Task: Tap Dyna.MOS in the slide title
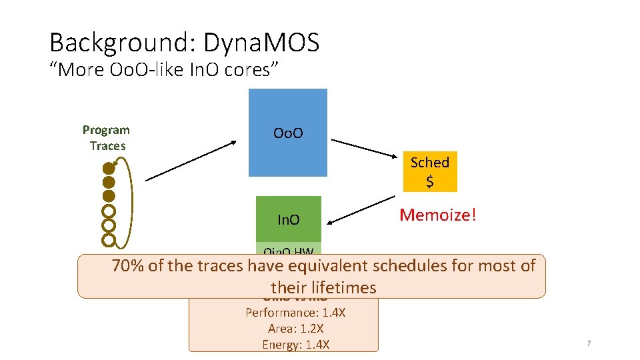[x=261, y=43]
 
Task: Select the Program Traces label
[x=107, y=137]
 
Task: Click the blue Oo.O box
[x=288, y=133]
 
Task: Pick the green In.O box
[x=289, y=219]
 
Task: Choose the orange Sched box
[x=429, y=171]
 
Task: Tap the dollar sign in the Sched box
[x=429, y=181]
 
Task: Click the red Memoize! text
[x=438, y=215]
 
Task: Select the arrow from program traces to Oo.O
[x=190, y=160]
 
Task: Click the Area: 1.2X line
[x=295, y=328]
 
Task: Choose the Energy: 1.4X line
[x=295, y=344]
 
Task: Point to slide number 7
[x=589, y=343]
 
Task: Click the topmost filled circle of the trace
[x=109, y=169]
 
